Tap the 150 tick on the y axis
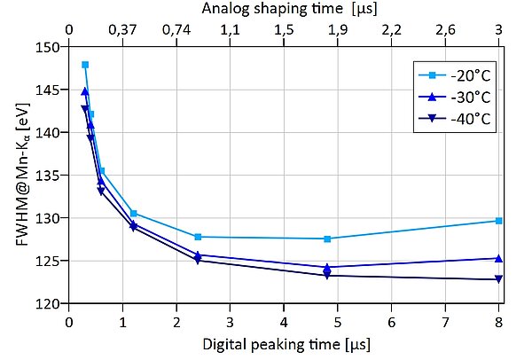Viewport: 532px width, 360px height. (x=52, y=47)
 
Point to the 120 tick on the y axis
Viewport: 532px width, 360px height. (x=52, y=303)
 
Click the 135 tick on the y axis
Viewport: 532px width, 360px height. (x=52, y=175)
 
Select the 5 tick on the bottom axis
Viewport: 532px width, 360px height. (x=338, y=320)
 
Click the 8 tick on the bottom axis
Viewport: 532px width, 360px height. (x=498, y=320)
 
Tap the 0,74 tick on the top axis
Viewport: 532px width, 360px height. (x=176, y=29)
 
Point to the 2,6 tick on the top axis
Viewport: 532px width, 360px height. (x=445, y=29)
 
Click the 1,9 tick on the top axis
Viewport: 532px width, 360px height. (x=338, y=29)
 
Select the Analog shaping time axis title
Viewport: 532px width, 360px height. (x=284, y=10)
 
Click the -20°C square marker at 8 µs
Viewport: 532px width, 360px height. (x=498, y=221)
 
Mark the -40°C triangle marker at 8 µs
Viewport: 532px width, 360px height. (x=498, y=279)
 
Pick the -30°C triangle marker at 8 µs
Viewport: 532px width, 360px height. (x=498, y=258)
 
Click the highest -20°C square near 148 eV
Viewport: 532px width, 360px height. (x=85, y=65)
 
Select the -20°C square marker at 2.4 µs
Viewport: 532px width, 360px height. (x=198, y=237)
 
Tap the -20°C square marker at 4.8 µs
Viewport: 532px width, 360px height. (x=327, y=239)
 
